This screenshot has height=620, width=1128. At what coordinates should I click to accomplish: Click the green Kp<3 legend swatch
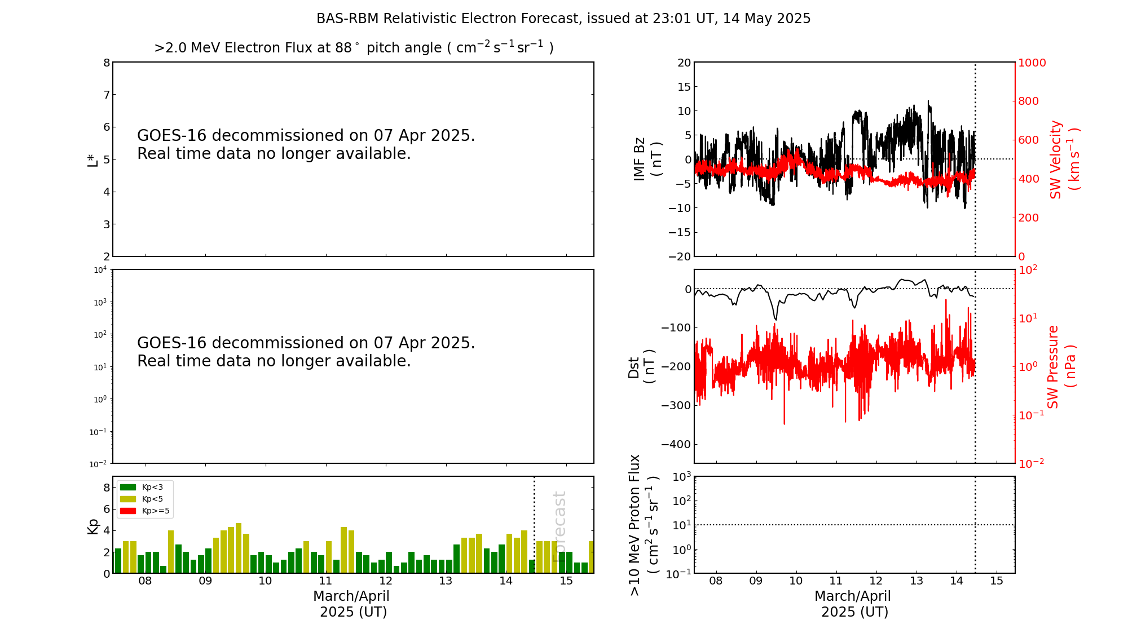pos(128,487)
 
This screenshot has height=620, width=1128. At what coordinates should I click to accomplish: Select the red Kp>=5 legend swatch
pos(128,511)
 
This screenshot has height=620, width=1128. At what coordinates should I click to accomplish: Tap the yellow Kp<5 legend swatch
pos(128,499)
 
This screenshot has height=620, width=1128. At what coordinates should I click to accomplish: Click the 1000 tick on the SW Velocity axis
pos(1032,63)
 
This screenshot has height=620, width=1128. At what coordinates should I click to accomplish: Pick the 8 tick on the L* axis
pos(106,63)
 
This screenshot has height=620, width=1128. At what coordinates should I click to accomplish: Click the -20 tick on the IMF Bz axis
pos(680,256)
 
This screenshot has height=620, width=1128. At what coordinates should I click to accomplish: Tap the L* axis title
pos(92,160)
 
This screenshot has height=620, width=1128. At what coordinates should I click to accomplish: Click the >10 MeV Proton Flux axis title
pos(644,525)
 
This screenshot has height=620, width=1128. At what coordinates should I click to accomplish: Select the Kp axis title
pos(92,526)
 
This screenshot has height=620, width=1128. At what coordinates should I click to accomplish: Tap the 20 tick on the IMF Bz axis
pos(684,63)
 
